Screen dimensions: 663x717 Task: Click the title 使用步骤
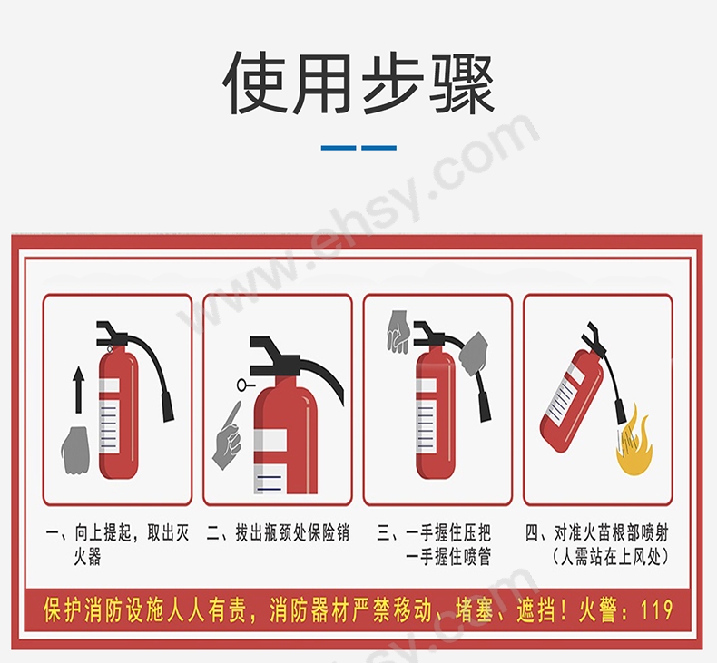pyautogui.click(x=358, y=84)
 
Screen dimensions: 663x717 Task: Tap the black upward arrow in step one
pyautogui.click(x=78, y=386)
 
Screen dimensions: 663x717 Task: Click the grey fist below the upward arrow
pyautogui.click(x=75, y=448)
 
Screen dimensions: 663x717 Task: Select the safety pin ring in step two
pyautogui.click(x=241, y=385)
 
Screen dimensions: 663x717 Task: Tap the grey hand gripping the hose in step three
pyautogui.click(x=473, y=355)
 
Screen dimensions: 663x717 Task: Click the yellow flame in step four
pyautogui.click(x=634, y=444)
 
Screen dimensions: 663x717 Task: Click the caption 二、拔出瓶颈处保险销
pyautogui.click(x=278, y=533)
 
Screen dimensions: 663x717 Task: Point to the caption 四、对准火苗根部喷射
pyautogui.click(x=596, y=533)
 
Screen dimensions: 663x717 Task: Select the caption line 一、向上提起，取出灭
pyautogui.click(x=117, y=533)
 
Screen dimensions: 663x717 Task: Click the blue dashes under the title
pyautogui.click(x=358, y=147)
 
